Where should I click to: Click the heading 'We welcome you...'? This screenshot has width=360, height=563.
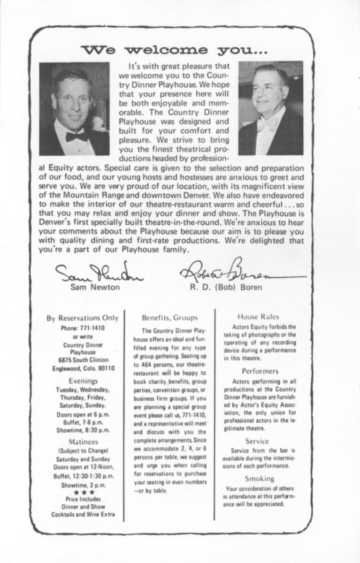(174, 49)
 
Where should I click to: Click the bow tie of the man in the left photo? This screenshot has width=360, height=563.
(77, 137)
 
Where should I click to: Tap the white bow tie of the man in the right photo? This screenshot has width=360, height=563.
(267, 124)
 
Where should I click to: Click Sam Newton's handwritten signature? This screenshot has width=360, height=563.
(93, 273)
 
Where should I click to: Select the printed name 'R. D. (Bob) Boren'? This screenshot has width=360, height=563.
(226, 288)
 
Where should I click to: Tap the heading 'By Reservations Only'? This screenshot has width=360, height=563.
(83, 318)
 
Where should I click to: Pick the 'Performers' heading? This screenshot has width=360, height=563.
(260, 371)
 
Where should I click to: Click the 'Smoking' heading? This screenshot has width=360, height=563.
(260, 479)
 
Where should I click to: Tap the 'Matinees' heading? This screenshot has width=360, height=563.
(83, 441)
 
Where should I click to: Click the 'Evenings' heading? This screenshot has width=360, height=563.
(83, 381)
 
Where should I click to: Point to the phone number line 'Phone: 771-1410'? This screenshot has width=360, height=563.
(83, 328)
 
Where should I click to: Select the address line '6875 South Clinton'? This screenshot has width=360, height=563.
(83, 360)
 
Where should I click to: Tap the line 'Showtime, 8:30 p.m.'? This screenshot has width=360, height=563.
(83, 430)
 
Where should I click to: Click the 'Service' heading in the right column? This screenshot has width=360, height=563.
(257, 441)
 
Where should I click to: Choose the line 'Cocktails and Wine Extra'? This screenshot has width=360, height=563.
(83, 514)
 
